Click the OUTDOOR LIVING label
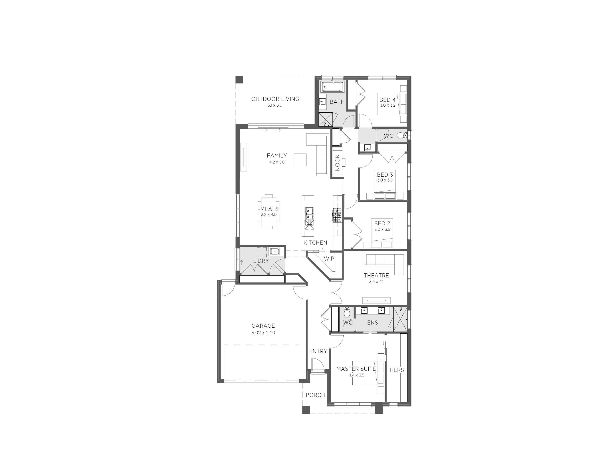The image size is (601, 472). point(275,99)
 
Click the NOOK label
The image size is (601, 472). point(337,163)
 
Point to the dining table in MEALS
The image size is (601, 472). point(269,212)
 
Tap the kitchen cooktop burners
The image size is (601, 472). point(337,215)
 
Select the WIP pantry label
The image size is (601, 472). point(329,259)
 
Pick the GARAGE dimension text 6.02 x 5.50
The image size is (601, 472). point(263,333)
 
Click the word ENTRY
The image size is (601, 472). point(318,351)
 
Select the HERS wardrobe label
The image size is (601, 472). point(397,370)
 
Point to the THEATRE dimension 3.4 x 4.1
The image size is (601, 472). point(376,282)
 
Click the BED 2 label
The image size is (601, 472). point(382,223)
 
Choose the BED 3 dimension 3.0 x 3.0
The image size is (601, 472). point(385,180)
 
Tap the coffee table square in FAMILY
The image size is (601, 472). point(300,160)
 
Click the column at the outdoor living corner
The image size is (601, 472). point(239,80)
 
